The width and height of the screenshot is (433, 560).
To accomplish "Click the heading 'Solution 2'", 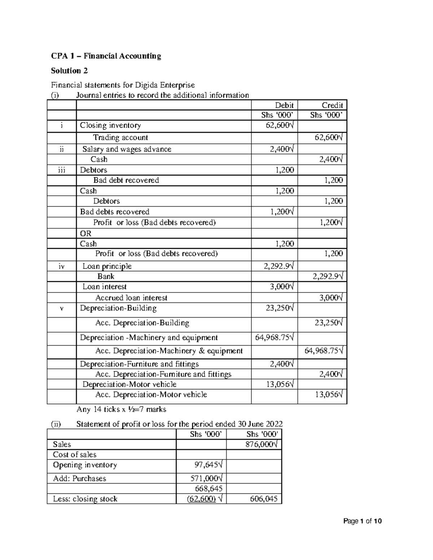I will [69, 70].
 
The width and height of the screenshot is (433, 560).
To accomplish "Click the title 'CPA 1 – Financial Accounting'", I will [106, 56].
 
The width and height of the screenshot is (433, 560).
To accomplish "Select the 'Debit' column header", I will [284, 105].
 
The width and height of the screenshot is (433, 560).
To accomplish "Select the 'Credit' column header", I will [332, 105].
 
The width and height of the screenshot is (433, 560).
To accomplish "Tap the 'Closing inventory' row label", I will [110, 125].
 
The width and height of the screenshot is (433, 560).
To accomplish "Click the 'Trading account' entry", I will [121, 137].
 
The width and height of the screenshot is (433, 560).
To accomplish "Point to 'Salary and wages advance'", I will [127, 149].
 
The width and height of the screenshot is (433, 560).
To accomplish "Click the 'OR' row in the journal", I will [86, 233].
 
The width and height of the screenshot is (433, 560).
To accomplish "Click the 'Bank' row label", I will [106, 276].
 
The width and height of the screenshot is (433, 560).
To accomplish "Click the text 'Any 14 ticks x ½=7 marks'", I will [121, 409].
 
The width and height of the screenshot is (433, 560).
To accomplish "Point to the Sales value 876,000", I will [261, 444].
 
